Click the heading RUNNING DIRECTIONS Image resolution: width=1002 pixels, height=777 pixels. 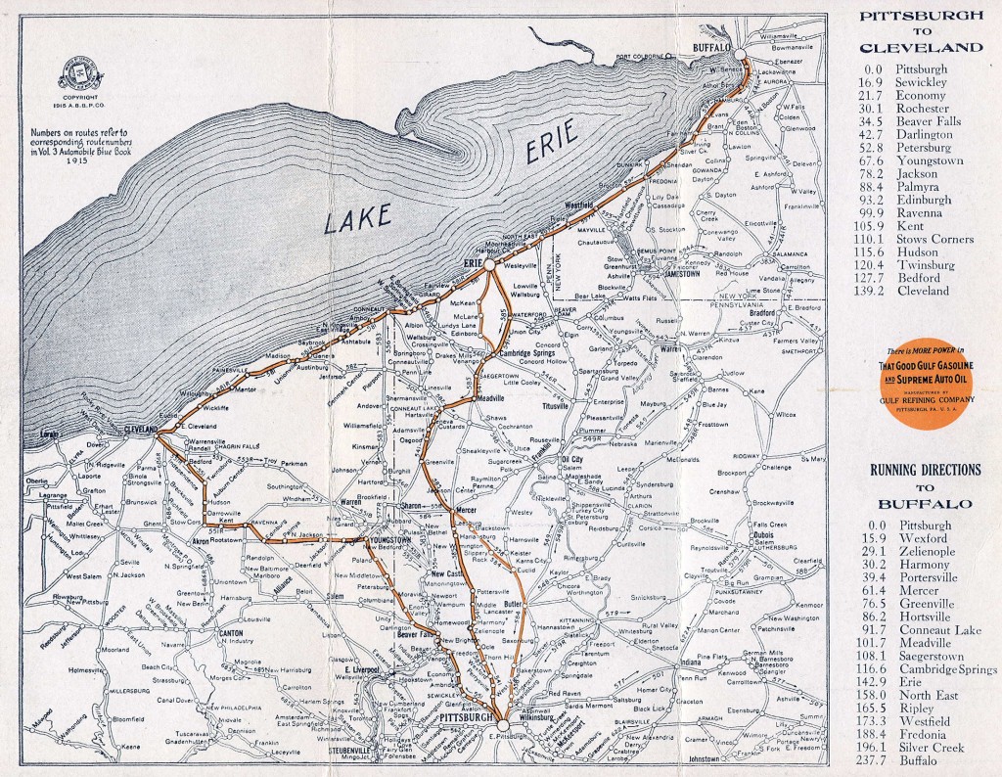coord(925,470)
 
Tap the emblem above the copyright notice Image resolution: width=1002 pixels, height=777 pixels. coord(73,80)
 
